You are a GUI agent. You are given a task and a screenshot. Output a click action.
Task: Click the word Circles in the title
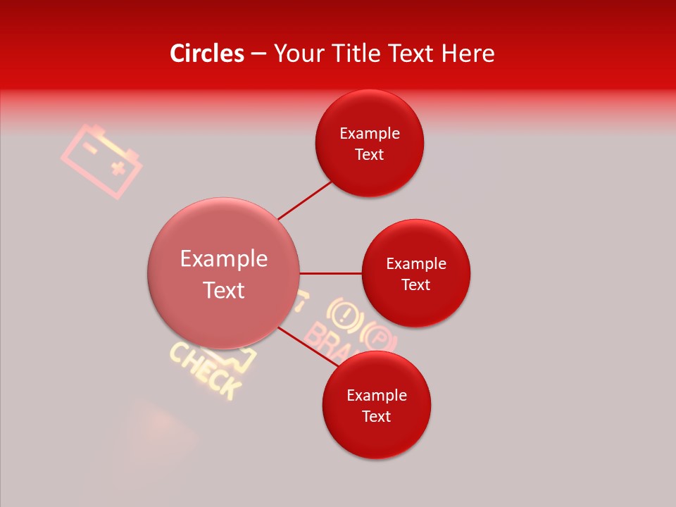(x=206, y=54)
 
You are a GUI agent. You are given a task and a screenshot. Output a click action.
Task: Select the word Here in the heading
(x=468, y=54)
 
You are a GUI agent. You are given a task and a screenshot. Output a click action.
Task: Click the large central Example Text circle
(x=224, y=273)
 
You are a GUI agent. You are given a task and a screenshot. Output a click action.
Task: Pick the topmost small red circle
(x=370, y=143)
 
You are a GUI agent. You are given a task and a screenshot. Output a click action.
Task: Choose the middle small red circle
(x=416, y=273)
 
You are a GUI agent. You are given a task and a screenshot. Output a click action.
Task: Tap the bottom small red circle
(x=377, y=405)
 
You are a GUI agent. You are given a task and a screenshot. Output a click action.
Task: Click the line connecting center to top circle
(x=305, y=199)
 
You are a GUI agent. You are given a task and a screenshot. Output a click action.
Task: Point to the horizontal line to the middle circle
(x=331, y=273)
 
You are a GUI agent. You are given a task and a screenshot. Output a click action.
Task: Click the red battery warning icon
(x=101, y=161)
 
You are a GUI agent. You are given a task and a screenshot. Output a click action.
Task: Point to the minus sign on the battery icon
(x=90, y=147)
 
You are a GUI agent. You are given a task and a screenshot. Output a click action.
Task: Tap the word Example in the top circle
(x=370, y=133)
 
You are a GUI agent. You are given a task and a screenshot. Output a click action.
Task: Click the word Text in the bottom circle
(x=377, y=416)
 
